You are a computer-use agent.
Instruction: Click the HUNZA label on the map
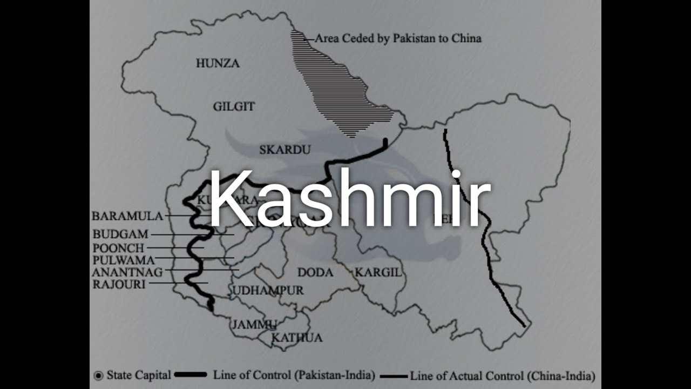tap(218, 63)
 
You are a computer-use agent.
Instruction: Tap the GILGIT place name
tap(234, 106)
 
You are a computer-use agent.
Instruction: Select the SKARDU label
tap(284, 150)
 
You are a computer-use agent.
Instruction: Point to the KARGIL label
tap(378, 273)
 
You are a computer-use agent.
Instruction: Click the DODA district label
tap(315, 272)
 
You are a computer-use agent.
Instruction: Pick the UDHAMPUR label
tap(268, 291)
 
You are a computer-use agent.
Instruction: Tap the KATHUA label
tap(297, 338)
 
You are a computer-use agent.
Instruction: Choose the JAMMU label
tap(254, 325)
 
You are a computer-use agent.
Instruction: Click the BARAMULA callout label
tap(127, 216)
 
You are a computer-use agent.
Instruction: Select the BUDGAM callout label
tap(120, 234)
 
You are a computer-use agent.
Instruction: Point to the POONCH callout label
tap(119, 248)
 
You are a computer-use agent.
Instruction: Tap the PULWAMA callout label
tap(124, 260)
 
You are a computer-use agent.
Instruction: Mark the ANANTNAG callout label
tap(127, 272)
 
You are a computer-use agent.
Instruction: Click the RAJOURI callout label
tap(119, 284)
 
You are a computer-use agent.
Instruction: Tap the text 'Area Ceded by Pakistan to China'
tap(398, 38)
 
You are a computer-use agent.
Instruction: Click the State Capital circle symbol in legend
tap(98, 375)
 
